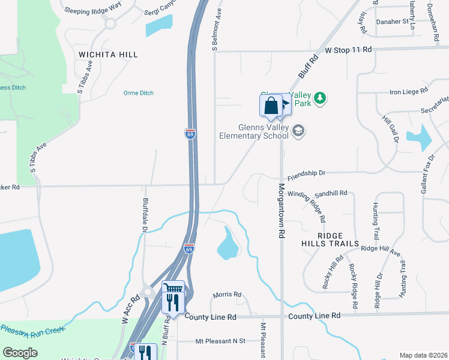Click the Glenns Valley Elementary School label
pos(263,131)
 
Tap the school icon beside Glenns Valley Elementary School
pos(298,131)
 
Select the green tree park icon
pos(321,98)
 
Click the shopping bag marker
pos(271,106)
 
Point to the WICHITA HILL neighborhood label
pos(109,55)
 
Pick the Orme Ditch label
pos(139,93)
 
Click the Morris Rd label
pos(227,295)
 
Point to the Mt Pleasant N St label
pos(220,341)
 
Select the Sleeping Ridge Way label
pos(92,11)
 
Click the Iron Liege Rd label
pos(408,92)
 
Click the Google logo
pos(20,353)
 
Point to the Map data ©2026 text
pos(423,355)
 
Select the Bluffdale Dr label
pos(145,215)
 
